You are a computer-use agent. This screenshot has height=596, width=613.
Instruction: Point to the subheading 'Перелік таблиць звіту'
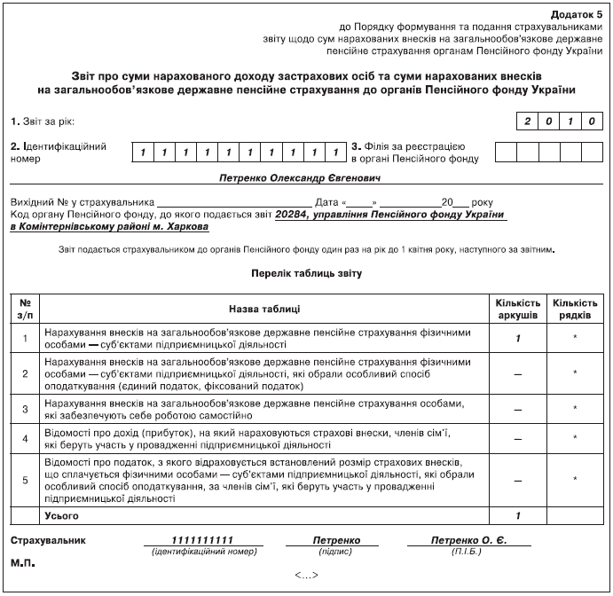306,273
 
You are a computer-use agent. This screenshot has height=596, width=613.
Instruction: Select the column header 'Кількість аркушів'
516,309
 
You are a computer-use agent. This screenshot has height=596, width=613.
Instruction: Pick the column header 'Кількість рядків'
576,309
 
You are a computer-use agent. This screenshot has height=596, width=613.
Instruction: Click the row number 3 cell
26,407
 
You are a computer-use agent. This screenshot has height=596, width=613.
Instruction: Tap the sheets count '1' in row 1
516,338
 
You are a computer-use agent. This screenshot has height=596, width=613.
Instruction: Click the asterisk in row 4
576,438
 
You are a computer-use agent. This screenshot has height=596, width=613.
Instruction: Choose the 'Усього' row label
61,515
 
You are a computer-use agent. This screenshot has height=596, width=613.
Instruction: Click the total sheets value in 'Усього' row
516,515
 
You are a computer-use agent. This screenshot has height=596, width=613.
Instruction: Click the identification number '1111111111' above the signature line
203,540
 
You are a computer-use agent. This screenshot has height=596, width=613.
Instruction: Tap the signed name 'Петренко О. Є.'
469,540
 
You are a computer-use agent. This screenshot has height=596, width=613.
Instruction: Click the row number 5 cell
26,481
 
